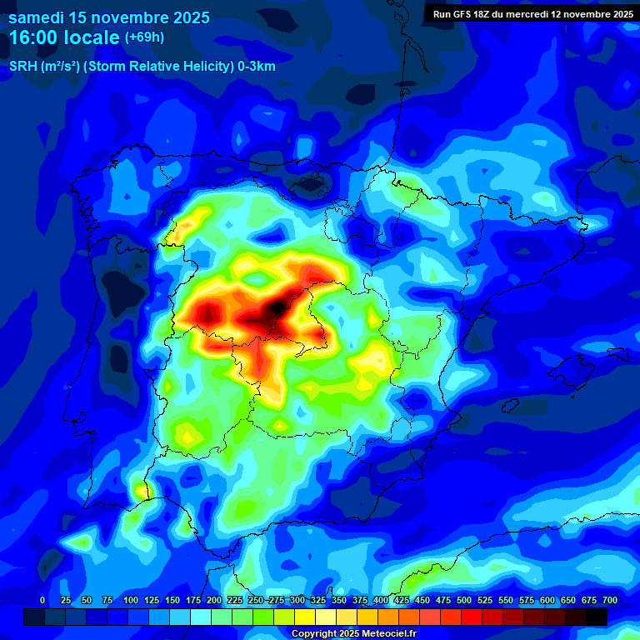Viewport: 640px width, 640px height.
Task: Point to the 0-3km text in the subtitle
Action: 257,66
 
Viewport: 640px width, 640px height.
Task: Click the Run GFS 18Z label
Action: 465,14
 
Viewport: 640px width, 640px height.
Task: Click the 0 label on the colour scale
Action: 42,601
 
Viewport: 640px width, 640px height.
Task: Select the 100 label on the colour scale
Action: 131,601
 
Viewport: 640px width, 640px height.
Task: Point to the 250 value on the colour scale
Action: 256,601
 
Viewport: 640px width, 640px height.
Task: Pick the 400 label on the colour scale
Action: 381,601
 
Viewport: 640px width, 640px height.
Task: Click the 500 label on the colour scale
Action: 464,601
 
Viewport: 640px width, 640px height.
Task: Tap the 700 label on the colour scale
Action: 610,601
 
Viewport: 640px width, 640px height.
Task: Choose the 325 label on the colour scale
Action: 318,601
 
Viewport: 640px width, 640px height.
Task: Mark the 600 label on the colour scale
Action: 547,601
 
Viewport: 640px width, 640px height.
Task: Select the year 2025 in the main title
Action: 188,17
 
